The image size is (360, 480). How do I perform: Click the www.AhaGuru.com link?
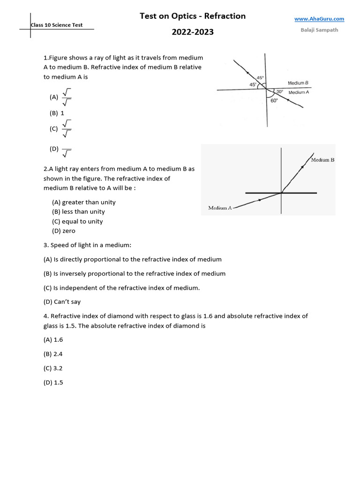pyautogui.click(x=319, y=19)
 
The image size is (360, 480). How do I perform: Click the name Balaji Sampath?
pyautogui.click(x=319, y=30)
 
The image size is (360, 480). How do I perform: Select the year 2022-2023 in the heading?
pyautogui.click(x=193, y=32)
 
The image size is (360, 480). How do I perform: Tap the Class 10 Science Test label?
pyautogui.click(x=56, y=25)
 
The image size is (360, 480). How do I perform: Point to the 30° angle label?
pyautogui.click(x=279, y=91)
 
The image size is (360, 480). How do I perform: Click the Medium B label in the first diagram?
pyautogui.click(x=298, y=83)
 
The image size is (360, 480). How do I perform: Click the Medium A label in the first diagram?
pyautogui.click(x=299, y=92)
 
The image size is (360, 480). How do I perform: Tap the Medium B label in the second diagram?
pyautogui.click(x=322, y=160)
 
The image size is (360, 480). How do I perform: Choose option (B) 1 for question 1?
pyautogui.click(x=57, y=113)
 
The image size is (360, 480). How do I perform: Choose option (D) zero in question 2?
pyautogui.click(x=63, y=231)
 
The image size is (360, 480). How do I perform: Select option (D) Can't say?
pyautogui.click(x=62, y=302)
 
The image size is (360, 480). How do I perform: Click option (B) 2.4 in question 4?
pyautogui.click(x=53, y=354)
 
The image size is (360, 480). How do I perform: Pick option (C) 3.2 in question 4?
pyautogui.click(x=53, y=368)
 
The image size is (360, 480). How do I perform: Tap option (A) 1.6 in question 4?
pyautogui.click(x=53, y=339)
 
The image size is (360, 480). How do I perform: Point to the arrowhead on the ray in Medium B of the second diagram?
pyautogui.click(x=302, y=166)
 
